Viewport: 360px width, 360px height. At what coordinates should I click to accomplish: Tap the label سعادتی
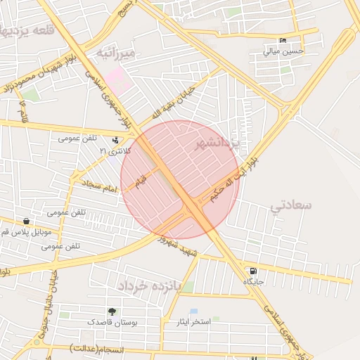[x=290, y=205]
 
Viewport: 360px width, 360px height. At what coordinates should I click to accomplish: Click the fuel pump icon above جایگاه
[x=252, y=271]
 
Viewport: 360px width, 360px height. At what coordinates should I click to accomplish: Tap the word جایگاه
[x=253, y=281]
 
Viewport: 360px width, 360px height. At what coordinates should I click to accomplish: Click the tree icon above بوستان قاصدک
[x=112, y=311]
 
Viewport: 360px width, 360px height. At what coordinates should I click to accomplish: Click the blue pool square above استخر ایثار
[x=194, y=311]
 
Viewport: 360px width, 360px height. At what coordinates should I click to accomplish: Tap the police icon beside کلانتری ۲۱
[x=115, y=140]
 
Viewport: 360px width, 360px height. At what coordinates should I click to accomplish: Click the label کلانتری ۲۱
[x=112, y=150]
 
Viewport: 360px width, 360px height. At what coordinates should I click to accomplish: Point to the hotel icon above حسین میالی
[x=283, y=40]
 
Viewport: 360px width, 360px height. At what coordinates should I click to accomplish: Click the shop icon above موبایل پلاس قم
[x=26, y=221]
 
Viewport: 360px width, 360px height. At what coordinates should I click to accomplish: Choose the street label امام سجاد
[x=101, y=186]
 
